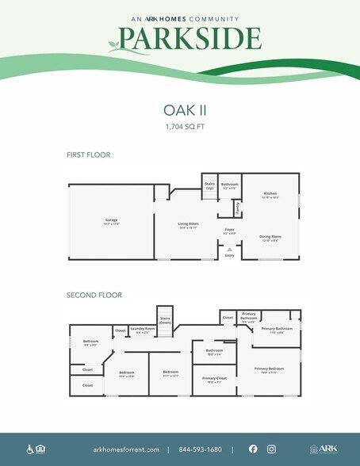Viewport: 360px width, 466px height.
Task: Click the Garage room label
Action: click(106, 220)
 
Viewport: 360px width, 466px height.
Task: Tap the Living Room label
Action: click(187, 224)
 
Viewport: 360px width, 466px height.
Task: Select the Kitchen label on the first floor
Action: click(270, 193)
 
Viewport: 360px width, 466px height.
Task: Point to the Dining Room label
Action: click(270, 236)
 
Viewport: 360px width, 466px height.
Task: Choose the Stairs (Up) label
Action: click(210, 186)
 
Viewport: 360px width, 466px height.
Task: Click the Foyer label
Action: click(230, 230)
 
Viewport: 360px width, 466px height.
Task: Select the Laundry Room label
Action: click(143, 329)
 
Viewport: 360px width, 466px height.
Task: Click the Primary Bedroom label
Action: click(269, 369)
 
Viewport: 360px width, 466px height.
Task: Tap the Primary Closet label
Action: click(214, 379)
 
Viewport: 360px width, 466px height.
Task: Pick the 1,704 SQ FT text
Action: click(180, 126)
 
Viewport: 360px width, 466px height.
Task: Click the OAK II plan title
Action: click(180, 111)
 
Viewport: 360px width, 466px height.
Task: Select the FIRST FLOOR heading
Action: click(88, 155)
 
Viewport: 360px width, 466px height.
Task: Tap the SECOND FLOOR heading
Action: click(94, 295)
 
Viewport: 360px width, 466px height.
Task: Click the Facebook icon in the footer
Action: click(253, 449)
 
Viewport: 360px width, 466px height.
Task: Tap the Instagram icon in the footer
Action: click(271, 449)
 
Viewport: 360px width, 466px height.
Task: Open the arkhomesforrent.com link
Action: click(126, 449)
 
